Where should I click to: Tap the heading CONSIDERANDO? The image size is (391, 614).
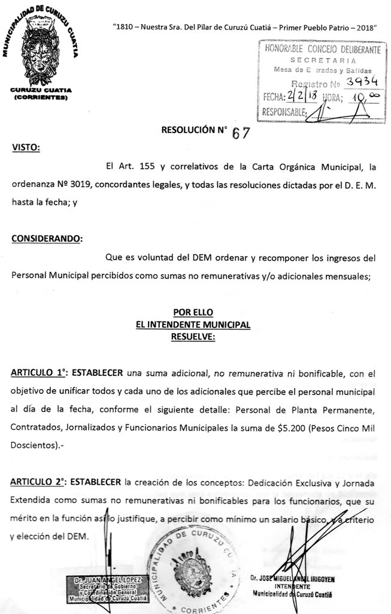47,238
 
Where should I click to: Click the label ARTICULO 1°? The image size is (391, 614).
38,373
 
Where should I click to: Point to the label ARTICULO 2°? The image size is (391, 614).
38,483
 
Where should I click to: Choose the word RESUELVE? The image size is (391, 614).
193,337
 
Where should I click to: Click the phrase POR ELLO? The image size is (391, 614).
193,312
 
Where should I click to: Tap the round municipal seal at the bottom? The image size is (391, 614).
192,570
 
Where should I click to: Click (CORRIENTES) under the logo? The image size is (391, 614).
41,97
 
